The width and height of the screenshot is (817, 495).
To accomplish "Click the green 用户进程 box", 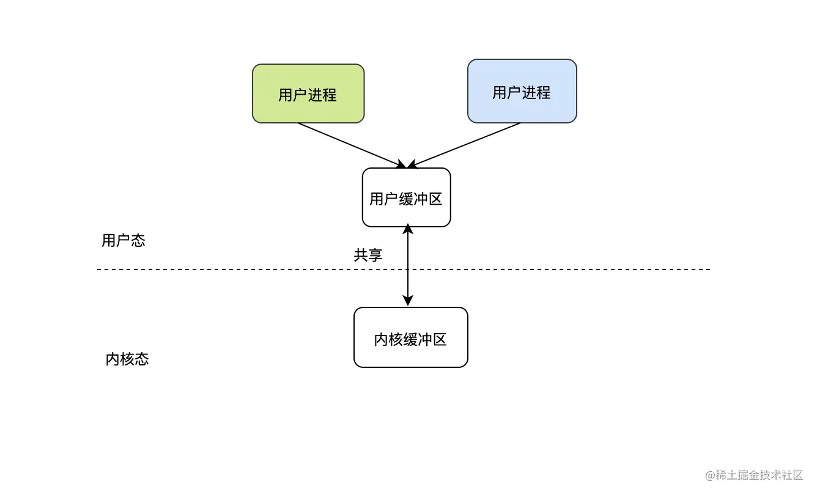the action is pos(308,94).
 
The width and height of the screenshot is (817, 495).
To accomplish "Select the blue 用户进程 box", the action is pos(522,91).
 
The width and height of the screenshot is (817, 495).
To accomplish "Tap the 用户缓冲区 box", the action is pos(406,197).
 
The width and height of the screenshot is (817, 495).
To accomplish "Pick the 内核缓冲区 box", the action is pos(411,337).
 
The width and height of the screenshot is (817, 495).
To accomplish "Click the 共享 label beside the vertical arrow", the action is pos(368,255).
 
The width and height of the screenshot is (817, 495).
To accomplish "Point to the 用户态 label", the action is pos(124,241).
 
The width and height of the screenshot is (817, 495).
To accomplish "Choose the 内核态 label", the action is pos(127,359).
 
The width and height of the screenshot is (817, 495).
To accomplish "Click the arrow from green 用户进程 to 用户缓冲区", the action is pos(352,146).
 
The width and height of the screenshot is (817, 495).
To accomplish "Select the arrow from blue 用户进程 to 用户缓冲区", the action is pos(464,146).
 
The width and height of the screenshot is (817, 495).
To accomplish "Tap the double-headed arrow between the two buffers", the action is pos(408,265).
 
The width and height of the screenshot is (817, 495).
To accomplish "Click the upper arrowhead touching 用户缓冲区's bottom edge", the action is pos(408,229).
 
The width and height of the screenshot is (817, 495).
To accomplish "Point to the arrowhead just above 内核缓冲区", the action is pos(408,301).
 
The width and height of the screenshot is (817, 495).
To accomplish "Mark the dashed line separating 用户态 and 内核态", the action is pos(404,269).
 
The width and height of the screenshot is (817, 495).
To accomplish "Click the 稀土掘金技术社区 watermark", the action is pos(754,475).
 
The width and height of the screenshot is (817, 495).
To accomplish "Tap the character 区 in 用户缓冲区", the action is pos(435,199).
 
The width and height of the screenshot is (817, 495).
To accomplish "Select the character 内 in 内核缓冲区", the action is pos(381,340).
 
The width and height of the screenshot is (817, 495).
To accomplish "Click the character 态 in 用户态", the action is pos(138,241).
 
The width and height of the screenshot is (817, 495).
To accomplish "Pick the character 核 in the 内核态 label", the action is pos(127,359).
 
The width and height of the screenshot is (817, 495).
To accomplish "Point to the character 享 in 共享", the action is pos(375,255).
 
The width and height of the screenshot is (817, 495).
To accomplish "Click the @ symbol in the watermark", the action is pos(710,475).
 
